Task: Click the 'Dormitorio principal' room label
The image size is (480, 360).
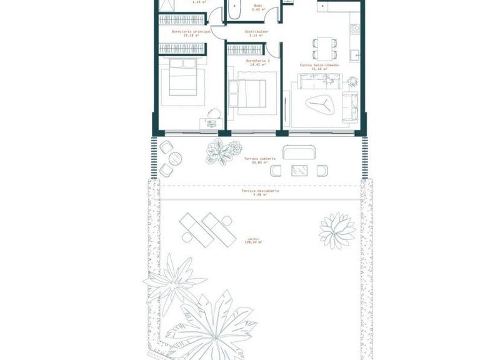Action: [187, 32]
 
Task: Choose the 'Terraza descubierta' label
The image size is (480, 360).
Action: [259, 192]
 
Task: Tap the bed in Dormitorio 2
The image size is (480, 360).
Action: [249, 93]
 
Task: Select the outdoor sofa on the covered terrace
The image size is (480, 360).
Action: [298, 152]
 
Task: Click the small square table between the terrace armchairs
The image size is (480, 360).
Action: [299, 169]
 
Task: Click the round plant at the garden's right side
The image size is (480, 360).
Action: [337, 231]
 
